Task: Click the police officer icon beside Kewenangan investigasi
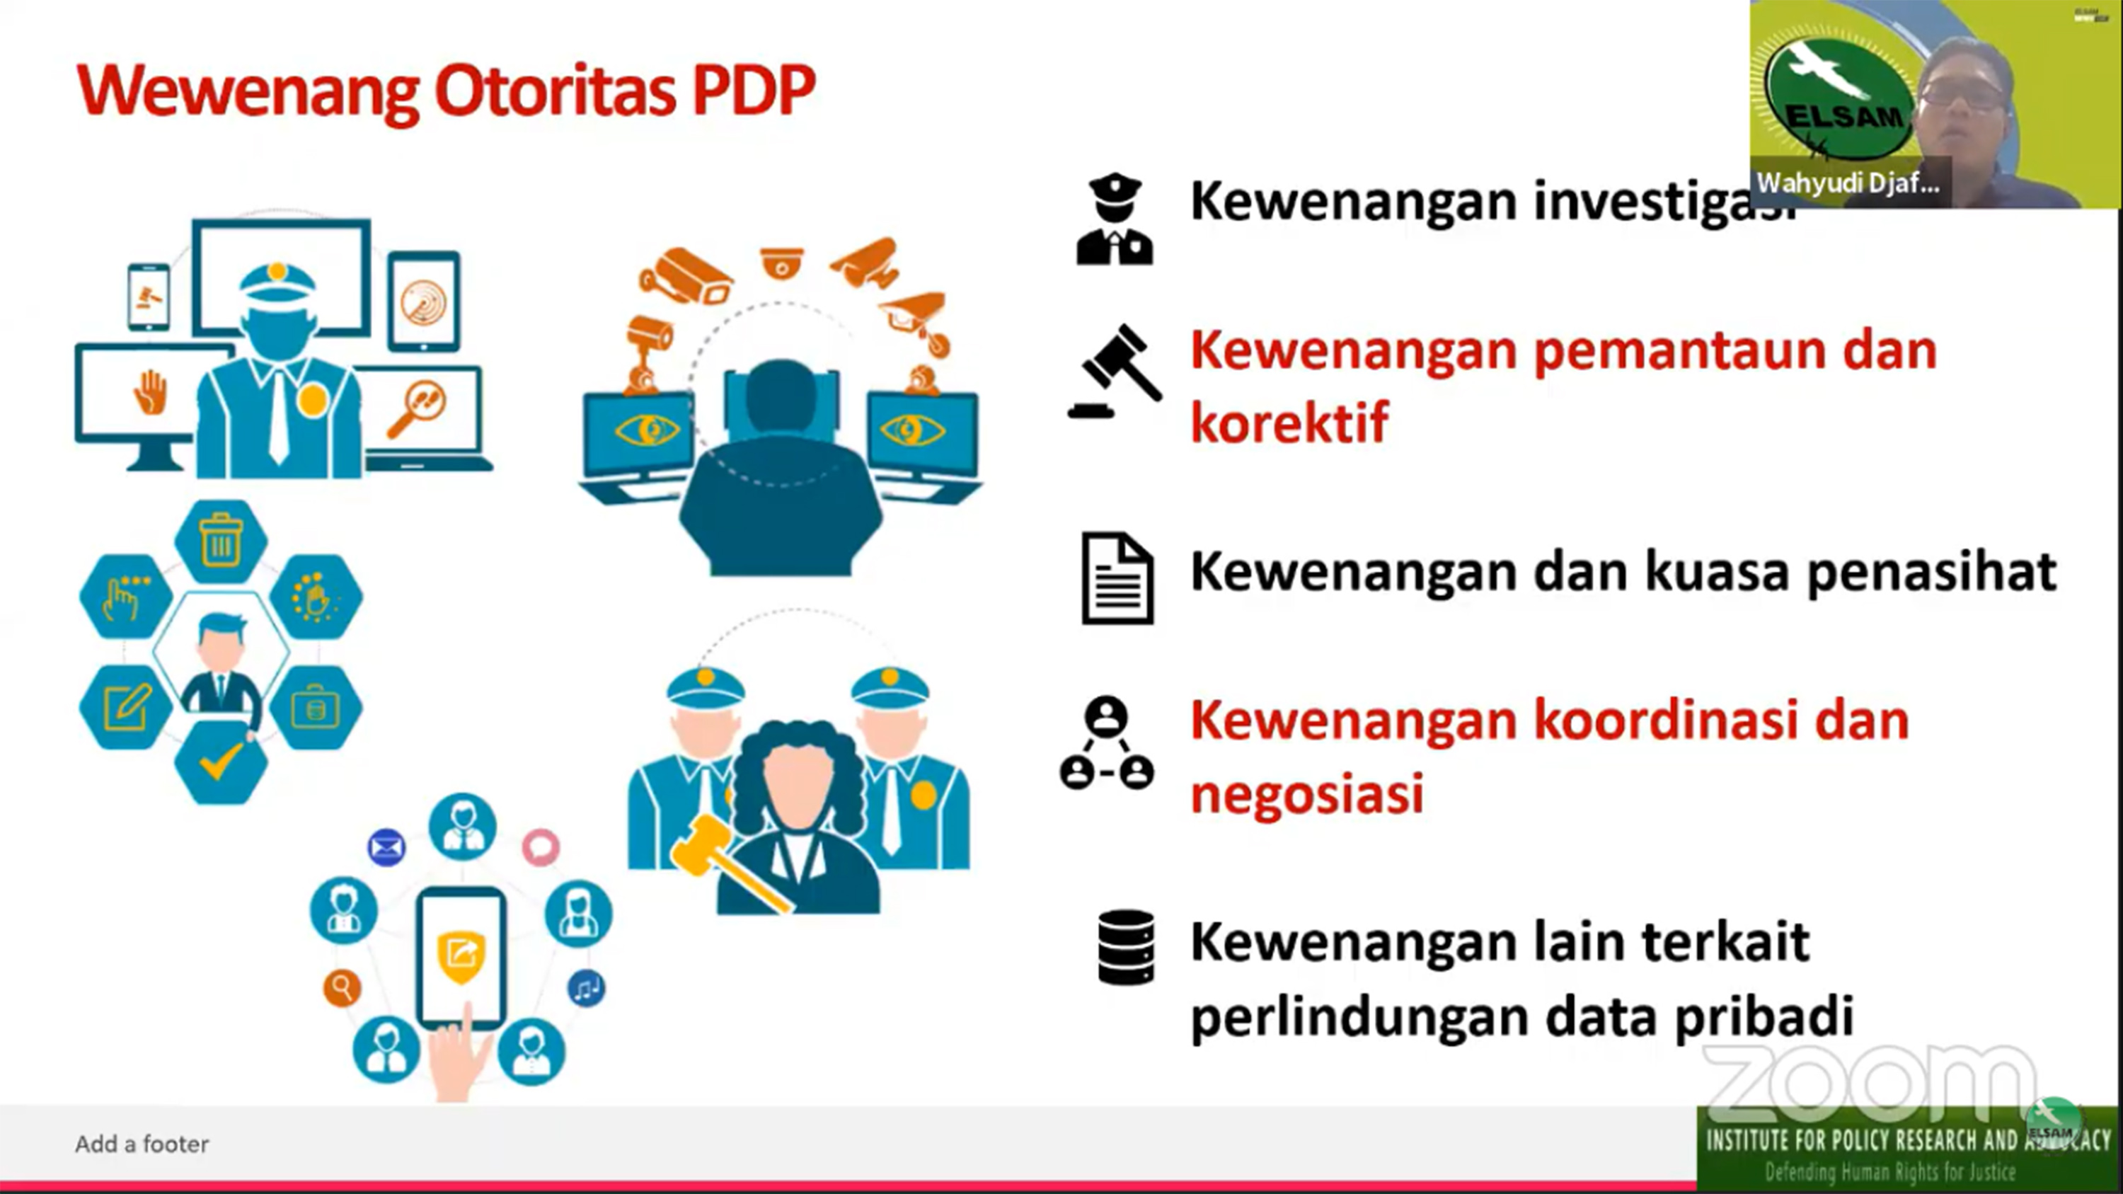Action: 1115,219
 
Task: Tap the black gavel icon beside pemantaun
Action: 1115,372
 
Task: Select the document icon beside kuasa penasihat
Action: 1117,578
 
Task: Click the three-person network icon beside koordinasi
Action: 1106,744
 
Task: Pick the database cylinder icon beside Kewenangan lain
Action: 1126,947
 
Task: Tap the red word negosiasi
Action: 1307,793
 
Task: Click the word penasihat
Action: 1932,572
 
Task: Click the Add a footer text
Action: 142,1144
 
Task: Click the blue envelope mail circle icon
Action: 386,847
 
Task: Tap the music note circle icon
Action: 586,987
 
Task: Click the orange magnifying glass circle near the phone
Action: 342,987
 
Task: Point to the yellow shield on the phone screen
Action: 461,956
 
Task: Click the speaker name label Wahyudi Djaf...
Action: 1848,183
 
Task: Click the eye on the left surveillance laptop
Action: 646,430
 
